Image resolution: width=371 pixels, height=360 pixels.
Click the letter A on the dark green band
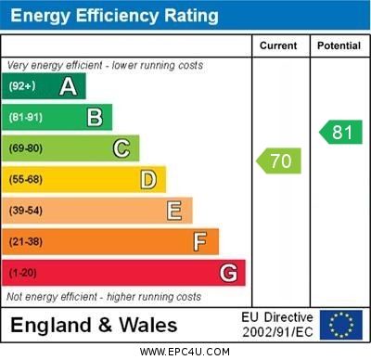coord(68,86)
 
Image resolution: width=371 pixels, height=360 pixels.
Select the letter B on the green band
coord(95,117)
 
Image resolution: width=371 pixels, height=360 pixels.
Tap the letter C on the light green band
coord(121,148)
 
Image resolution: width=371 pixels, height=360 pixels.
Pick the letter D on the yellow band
coord(147,179)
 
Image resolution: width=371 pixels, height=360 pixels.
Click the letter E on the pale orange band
coord(173,211)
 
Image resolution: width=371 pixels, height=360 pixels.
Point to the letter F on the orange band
coord(199,241)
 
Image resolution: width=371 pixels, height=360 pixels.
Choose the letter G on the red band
coord(227,273)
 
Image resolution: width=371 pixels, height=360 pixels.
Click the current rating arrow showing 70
coord(279,161)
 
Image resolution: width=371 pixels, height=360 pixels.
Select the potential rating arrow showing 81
coord(340,133)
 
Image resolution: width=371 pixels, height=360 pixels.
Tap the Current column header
coord(278,45)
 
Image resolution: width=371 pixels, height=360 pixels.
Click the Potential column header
coord(339,45)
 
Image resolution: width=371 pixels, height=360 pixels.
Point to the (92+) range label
coord(23,86)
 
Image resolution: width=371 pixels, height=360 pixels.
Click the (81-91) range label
coord(26,118)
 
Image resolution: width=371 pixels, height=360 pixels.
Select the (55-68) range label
coord(26,180)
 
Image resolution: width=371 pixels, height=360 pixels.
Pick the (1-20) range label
coord(23,274)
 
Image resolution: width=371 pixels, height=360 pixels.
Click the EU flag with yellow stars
coord(341,325)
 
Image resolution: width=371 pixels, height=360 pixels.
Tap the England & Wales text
coord(94,325)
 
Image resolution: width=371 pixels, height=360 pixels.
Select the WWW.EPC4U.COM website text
coord(185,352)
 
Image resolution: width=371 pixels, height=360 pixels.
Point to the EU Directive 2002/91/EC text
coord(277,325)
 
